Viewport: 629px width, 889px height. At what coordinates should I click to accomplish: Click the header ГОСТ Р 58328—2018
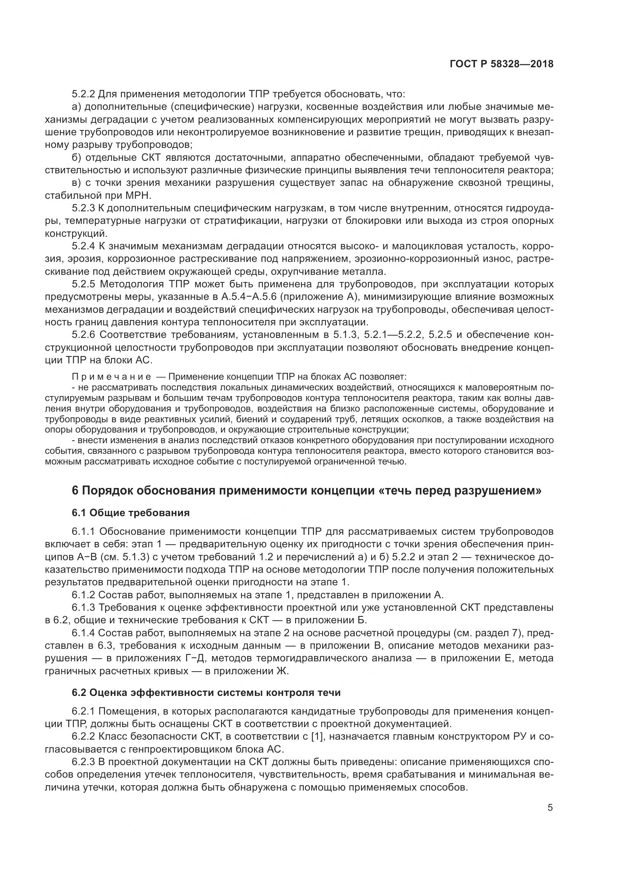click(502, 64)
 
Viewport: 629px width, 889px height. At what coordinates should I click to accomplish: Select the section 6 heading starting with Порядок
click(306, 491)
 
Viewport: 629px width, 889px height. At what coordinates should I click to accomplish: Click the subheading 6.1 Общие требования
click(130, 513)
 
